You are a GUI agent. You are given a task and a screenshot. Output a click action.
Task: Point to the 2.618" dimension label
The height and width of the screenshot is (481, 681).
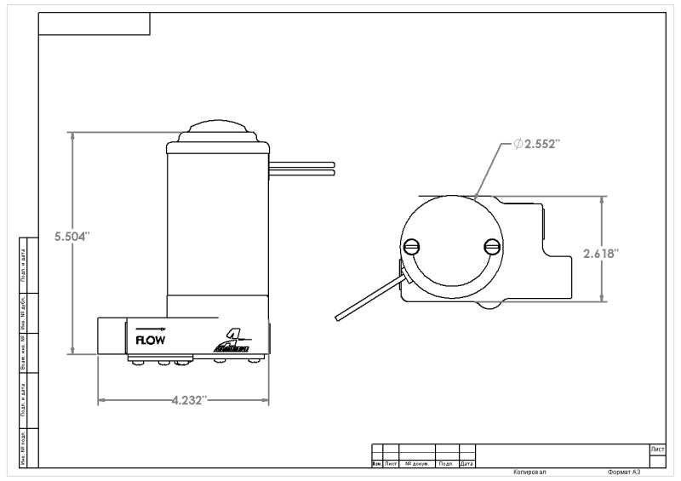coord(601,253)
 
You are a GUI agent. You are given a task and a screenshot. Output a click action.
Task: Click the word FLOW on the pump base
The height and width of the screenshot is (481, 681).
coord(151,339)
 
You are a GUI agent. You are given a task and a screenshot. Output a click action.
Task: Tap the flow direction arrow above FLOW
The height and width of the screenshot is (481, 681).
coord(150,328)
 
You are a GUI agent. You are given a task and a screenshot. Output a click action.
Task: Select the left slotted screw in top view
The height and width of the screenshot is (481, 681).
coord(412,247)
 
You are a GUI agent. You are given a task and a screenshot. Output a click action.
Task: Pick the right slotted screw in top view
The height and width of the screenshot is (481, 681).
coord(491,246)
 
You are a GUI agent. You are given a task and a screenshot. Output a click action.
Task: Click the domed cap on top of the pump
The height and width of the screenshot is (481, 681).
coord(220,132)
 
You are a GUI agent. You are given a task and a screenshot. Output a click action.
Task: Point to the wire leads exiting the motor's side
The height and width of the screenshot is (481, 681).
coord(302,168)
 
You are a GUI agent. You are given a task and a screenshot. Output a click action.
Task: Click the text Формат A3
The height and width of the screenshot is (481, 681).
coord(624,472)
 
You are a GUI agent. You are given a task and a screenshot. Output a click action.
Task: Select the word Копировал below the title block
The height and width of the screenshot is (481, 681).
coord(530,472)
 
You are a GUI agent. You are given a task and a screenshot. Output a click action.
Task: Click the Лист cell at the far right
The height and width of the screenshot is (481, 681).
coord(656,449)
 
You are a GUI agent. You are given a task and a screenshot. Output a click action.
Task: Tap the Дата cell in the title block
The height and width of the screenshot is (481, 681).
coord(466,464)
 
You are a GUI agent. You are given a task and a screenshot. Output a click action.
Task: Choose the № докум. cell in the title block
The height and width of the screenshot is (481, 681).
coord(417,464)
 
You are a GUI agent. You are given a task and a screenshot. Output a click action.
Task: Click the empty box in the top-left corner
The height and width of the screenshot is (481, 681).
coord(94,24)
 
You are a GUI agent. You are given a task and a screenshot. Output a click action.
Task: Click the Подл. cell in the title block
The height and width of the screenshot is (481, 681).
coord(446,464)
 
